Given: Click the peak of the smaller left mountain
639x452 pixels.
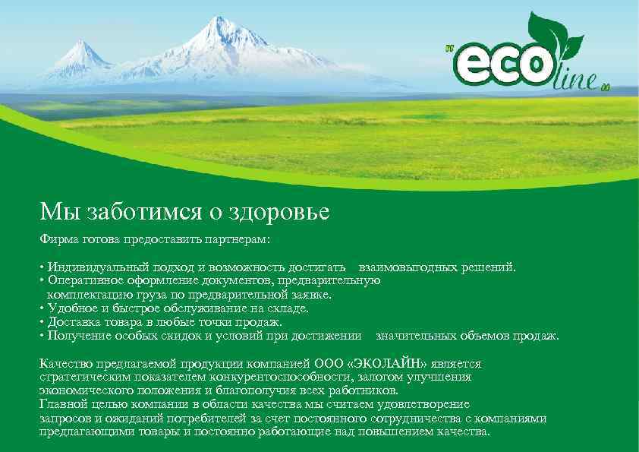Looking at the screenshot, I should tap(81, 43).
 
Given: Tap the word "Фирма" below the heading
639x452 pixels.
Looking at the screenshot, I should tap(58, 239).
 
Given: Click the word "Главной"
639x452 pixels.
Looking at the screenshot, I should tap(63, 404).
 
